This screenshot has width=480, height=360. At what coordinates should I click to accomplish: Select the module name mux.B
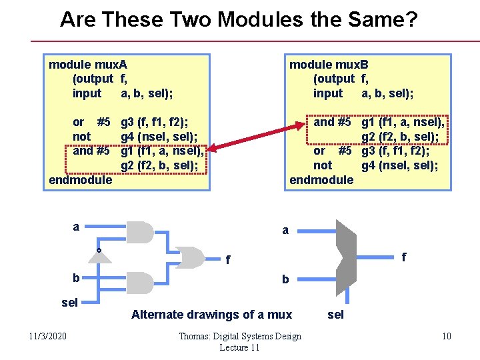[x=353, y=65]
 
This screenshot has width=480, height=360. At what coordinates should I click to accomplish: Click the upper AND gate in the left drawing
[x=140, y=231]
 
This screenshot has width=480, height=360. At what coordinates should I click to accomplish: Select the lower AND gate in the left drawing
[x=140, y=283]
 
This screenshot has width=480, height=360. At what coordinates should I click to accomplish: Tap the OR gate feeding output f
[x=192, y=257]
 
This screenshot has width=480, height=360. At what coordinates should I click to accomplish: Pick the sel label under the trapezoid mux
[x=336, y=315]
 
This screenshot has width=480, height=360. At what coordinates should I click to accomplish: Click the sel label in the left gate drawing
[x=69, y=303]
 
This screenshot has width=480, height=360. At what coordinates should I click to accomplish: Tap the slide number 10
[x=446, y=335]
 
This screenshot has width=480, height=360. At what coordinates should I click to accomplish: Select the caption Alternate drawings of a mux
[x=211, y=314]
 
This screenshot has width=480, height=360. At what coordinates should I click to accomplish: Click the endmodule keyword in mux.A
[x=81, y=179]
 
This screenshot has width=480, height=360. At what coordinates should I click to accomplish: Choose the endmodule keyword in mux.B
[x=321, y=179]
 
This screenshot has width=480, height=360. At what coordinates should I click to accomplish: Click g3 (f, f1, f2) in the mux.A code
[x=153, y=122]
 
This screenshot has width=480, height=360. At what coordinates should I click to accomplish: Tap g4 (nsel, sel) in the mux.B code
[x=399, y=165]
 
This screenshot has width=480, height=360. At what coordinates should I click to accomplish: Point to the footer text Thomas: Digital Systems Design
[x=240, y=336]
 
